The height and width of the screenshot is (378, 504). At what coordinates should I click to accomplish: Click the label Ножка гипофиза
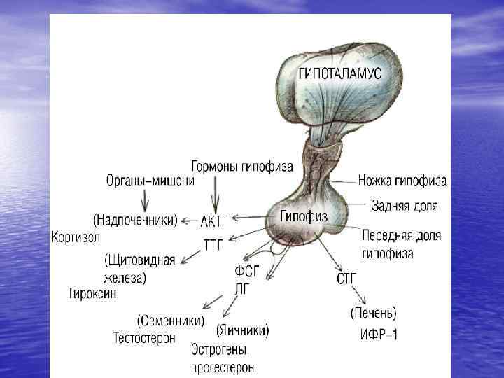click(x=402, y=181)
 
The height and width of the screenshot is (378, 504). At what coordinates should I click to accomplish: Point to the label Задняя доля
click(x=405, y=206)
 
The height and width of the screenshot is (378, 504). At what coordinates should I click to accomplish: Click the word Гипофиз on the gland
click(x=303, y=216)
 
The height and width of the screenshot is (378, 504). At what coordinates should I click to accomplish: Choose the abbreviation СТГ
click(x=347, y=279)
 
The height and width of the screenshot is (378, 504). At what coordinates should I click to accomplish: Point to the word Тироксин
click(x=91, y=293)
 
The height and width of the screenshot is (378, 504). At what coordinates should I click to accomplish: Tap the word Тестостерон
click(x=144, y=337)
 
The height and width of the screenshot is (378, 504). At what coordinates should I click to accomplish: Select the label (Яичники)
click(x=242, y=328)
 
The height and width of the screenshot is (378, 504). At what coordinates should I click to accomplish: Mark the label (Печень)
click(x=373, y=312)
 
